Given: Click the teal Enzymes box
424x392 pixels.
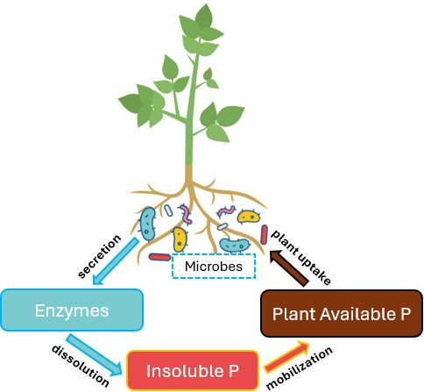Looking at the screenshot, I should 71,311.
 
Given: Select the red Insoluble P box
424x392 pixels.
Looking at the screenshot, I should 192,370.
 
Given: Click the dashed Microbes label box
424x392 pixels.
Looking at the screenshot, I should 213,267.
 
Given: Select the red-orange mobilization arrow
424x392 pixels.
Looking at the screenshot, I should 283,356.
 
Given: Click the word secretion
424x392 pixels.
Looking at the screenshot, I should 98,254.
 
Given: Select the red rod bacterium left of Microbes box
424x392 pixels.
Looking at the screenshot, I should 159,258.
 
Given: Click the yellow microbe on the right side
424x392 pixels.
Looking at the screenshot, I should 249,217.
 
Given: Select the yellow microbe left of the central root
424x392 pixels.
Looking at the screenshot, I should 179,239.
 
